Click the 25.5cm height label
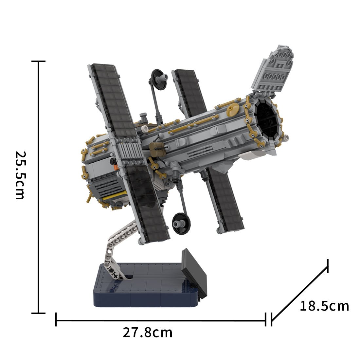(20, 175)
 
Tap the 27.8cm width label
(147, 333)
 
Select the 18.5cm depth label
(324, 306)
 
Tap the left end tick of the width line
(56, 319)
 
